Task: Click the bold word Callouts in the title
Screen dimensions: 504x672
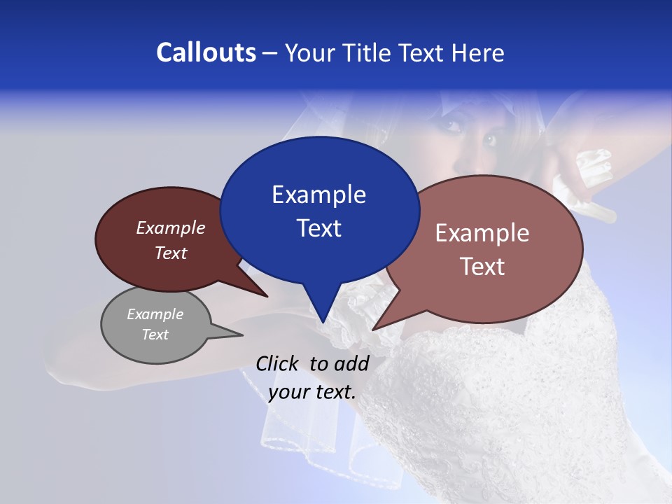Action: (206, 52)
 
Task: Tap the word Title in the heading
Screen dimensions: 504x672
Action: (370, 52)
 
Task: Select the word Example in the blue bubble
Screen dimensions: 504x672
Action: (318, 195)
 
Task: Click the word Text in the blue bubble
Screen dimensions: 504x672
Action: (318, 228)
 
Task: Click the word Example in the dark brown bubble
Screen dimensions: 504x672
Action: (171, 227)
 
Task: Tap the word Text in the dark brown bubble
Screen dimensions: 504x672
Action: (171, 253)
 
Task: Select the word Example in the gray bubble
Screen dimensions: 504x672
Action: (155, 314)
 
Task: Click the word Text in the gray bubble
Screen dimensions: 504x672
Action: (155, 335)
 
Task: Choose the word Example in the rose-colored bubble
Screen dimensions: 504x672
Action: (482, 233)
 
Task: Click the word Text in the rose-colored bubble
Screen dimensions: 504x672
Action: (482, 267)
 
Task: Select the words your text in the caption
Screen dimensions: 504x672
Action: (311, 392)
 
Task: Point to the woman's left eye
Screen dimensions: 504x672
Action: (487, 139)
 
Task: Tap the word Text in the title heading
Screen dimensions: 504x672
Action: (423, 52)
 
